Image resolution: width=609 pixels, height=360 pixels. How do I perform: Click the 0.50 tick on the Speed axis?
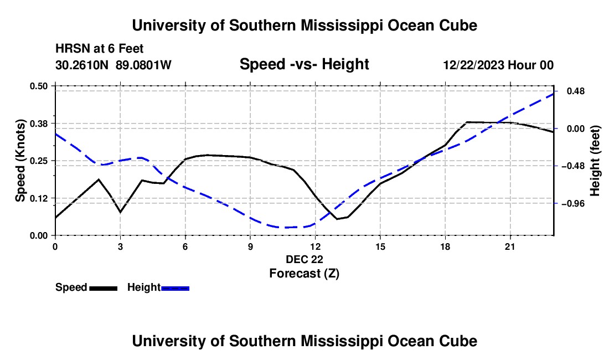click(x=38, y=86)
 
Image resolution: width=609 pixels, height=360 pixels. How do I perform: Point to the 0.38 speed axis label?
click(x=38, y=124)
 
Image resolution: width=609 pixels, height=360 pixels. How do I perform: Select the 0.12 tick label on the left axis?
click(x=38, y=198)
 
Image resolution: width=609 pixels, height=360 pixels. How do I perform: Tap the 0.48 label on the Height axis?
click(x=576, y=91)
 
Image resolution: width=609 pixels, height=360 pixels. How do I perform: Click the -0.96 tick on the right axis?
click(x=573, y=203)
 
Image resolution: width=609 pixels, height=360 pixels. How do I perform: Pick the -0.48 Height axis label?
click(x=573, y=166)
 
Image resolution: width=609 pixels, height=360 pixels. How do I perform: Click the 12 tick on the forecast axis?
click(x=316, y=246)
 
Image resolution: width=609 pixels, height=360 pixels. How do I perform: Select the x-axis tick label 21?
click(x=510, y=246)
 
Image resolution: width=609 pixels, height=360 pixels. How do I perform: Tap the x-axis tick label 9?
click(x=250, y=246)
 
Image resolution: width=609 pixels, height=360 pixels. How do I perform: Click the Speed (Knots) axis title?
click(x=20, y=161)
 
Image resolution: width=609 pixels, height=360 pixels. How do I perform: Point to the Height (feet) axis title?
click(x=595, y=161)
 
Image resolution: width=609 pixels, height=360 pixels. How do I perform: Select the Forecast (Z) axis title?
click(x=304, y=274)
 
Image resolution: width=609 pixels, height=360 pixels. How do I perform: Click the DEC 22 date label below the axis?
click(x=304, y=259)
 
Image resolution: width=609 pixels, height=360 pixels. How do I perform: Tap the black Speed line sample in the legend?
click(x=104, y=289)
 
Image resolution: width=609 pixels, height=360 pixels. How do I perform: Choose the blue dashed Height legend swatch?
click(x=175, y=289)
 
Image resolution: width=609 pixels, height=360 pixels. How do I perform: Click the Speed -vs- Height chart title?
click(x=304, y=64)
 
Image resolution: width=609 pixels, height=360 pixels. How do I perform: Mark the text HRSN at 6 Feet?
click(x=100, y=49)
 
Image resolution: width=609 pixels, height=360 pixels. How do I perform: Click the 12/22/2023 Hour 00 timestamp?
click(x=499, y=65)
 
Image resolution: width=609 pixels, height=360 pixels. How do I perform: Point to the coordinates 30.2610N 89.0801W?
click(x=113, y=65)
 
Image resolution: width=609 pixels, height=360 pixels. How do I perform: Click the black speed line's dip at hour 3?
click(x=120, y=212)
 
